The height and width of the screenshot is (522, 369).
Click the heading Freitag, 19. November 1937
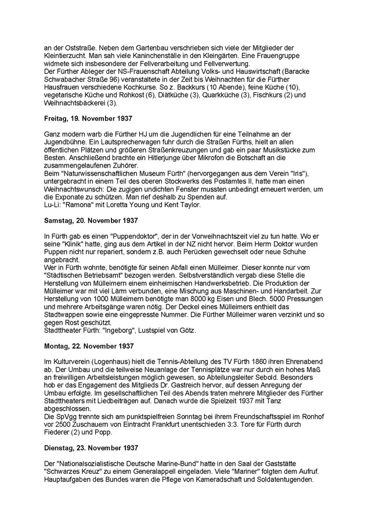[88, 118]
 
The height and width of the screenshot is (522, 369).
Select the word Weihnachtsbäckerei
[74, 103]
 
